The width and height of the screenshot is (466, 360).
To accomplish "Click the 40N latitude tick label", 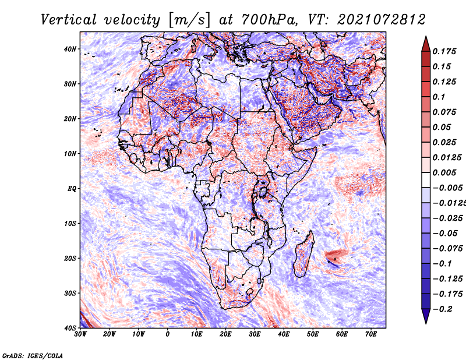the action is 70,49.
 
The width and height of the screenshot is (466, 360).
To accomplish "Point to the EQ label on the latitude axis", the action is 72,189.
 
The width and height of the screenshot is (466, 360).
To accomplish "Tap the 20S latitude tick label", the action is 70,258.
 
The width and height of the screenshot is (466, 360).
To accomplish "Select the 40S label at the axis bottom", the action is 70,328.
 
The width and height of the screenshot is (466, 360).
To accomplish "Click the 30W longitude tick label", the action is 80,334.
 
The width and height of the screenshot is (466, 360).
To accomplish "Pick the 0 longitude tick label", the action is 168,334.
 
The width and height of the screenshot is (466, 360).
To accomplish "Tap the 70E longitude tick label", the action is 370,334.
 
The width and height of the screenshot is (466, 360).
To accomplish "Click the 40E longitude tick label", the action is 284,334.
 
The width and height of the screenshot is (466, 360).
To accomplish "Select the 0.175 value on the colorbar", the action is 444,51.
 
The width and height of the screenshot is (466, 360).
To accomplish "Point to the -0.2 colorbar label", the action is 443,309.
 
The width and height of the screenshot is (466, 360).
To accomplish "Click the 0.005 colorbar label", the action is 444,172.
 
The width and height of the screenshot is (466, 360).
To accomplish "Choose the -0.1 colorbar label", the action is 443,264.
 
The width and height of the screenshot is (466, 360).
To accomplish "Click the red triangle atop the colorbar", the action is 426,45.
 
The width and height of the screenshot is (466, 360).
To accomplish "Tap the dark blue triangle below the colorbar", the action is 426,316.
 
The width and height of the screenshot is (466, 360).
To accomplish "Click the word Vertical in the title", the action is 69,20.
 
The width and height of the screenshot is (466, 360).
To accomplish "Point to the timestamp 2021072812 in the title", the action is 382,20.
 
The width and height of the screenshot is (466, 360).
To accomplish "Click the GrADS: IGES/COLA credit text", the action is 33,356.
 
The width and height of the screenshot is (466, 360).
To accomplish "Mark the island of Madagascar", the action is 303,254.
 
